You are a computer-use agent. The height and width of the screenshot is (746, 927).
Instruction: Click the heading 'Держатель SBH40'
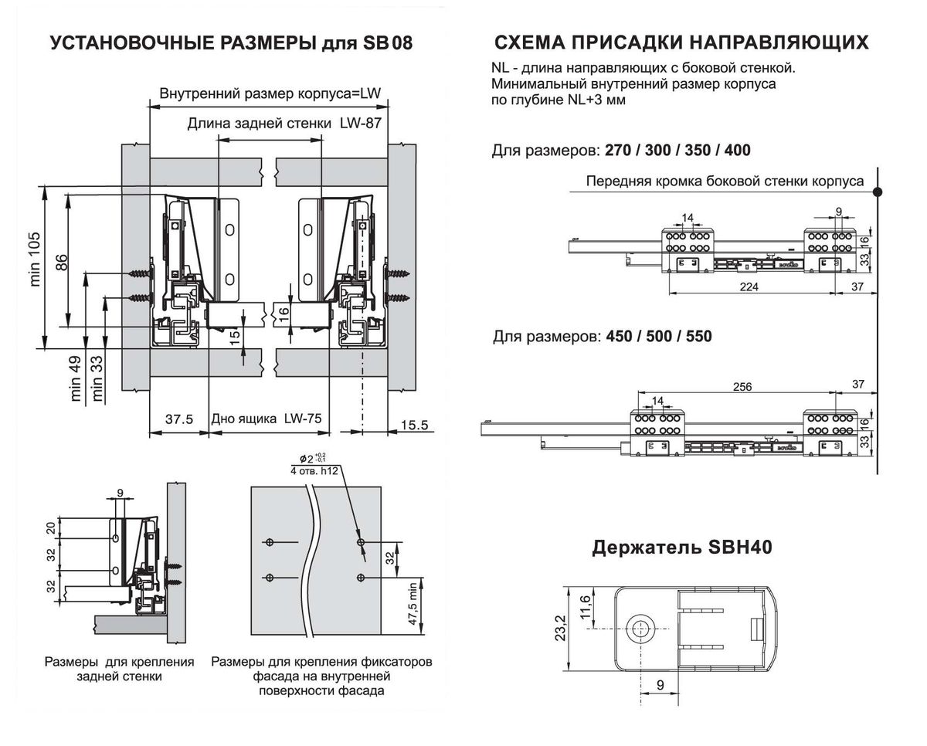682,548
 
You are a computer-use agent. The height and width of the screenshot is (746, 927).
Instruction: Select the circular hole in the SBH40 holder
640,629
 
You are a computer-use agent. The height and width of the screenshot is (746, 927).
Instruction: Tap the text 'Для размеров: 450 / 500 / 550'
602,337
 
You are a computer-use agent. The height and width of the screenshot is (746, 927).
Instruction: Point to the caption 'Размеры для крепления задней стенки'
119,670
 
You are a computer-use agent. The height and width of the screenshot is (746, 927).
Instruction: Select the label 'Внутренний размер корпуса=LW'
270,95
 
